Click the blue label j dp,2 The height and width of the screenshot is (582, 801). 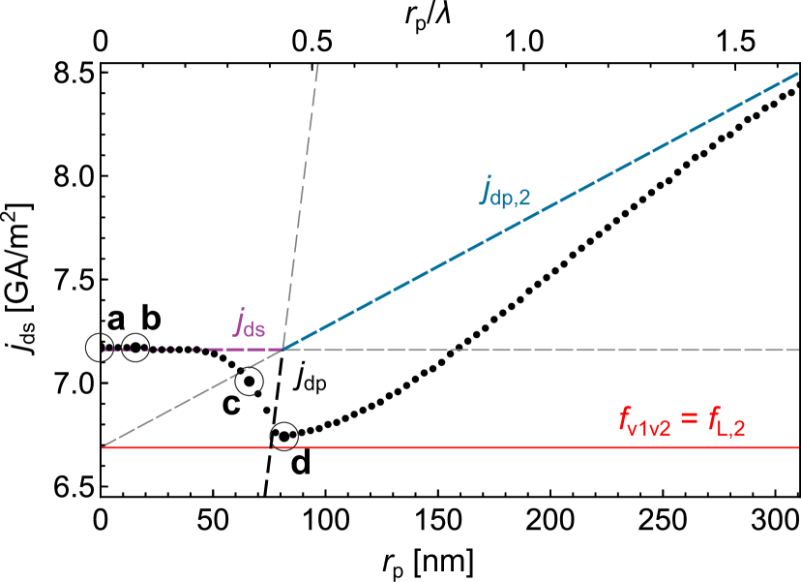[505, 192]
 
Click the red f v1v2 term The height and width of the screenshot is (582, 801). [644, 422]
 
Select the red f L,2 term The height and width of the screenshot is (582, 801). [725, 422]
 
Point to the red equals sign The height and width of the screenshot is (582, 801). [688, 421]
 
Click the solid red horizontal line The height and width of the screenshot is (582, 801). [484, 447]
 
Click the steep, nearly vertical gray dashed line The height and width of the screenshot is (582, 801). [300, 203]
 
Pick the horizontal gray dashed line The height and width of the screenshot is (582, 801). [580, 350]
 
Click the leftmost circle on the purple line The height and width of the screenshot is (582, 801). [100, 348]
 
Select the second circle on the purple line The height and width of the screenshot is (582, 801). [135, 348]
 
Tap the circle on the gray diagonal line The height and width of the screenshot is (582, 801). [249, 381]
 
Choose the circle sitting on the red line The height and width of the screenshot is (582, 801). [283, 437]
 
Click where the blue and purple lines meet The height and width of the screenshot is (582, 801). [282, 349]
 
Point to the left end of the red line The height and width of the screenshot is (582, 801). [103, 447]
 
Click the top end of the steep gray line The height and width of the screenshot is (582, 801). [317, 65]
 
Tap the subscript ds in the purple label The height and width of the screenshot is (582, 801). [254, 329]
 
